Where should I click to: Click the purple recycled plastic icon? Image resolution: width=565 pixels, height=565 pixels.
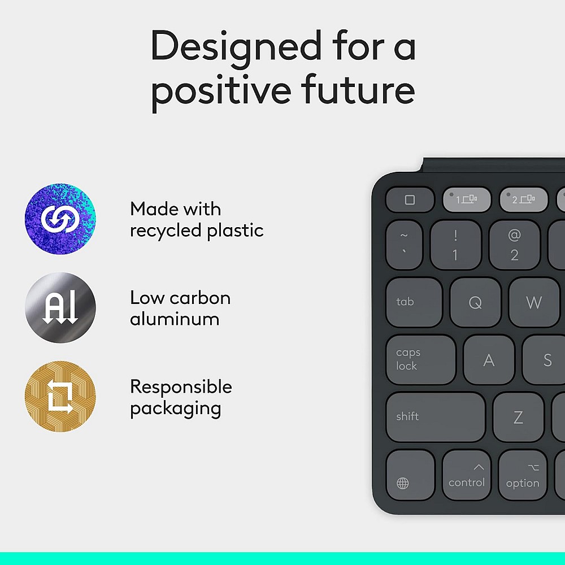(60, 219)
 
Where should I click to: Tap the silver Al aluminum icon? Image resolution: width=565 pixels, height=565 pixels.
(60, 308)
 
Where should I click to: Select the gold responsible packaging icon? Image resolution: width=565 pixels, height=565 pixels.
(60, 397)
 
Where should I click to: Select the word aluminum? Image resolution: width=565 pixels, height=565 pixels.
(175, 319)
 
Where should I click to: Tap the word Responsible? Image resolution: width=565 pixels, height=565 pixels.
(181, 386)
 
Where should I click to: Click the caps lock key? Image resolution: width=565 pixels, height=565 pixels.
(420, 359)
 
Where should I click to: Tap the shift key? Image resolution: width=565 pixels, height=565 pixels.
(435, 417)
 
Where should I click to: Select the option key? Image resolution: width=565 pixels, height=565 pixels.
(522, 476)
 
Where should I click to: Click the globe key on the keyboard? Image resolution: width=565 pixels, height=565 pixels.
(410, 476)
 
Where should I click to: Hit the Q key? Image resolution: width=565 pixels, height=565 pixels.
(475, 302)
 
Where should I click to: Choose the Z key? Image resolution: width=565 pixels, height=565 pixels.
(518, 418)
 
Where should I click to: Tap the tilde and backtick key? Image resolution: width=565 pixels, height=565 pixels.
(404, 244)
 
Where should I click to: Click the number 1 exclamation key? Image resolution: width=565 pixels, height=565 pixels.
(455, 245)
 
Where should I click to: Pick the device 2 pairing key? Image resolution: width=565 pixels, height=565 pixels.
(523, 199)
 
